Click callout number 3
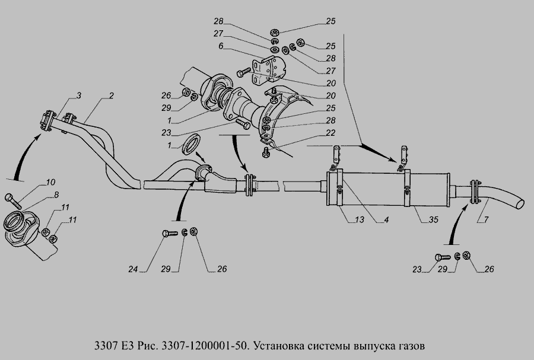[79, 95]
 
